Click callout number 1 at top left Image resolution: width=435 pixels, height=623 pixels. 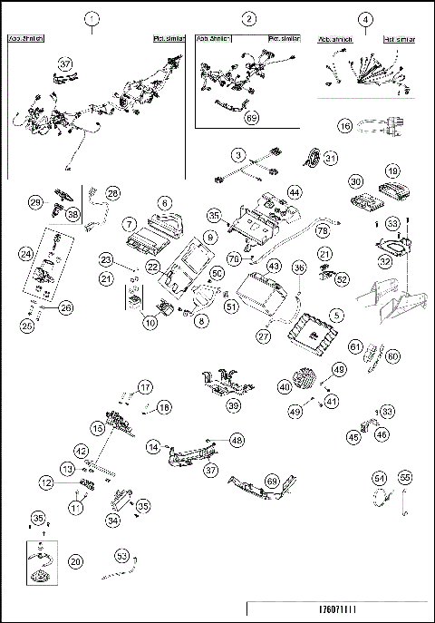91,19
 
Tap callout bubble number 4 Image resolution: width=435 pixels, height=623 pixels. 365,19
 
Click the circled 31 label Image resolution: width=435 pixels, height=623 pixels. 331,159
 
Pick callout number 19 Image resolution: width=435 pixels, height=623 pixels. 392,170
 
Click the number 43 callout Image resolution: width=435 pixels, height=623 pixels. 272,267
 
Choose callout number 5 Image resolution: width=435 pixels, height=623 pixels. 336,315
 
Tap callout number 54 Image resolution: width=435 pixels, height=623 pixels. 381,477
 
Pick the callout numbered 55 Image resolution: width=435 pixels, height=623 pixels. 405,477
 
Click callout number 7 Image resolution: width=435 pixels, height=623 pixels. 130,223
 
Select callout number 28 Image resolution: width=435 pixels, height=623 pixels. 112,193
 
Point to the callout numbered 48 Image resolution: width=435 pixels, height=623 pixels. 237,439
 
